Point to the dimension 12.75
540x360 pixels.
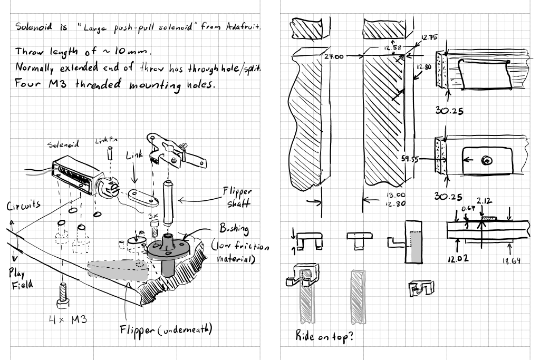tap(430, 37)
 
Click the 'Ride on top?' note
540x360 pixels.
tap(324, 338)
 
